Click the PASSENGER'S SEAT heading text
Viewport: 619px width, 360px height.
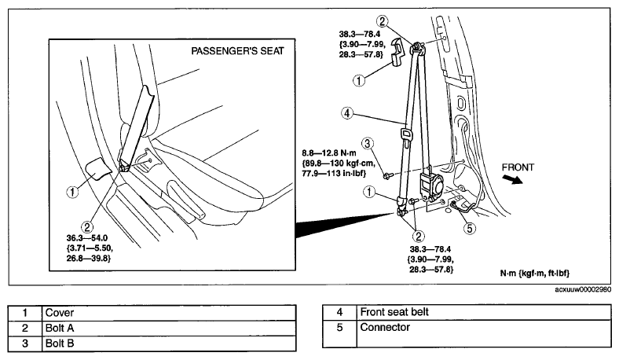coord(237,51)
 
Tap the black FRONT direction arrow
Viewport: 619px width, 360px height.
coord(512,179)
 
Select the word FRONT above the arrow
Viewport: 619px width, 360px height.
coord(518,167)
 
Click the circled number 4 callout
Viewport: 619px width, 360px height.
coord(347,113)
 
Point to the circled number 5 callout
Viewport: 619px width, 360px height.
coord(470,228)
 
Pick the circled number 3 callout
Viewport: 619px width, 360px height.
coord(368,143)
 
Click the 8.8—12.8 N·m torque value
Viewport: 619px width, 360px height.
coord(329,153)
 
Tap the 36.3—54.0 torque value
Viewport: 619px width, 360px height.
coord(87,238)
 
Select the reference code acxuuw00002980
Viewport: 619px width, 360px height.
coord(583,290)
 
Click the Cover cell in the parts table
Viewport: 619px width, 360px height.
coord(169,313)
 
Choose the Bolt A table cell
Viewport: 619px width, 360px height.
coord(169,328)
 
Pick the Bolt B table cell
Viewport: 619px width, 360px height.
coord(169,343)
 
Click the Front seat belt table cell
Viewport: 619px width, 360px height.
coord(484,312)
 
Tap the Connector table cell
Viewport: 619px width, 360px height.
coord(484,334)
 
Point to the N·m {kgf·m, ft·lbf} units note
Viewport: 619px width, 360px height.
coord(535,273)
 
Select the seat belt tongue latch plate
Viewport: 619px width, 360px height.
coord(406,133)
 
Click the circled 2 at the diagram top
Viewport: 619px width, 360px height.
coord(382,21)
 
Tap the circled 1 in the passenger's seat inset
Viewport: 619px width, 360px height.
coord(72,192)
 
